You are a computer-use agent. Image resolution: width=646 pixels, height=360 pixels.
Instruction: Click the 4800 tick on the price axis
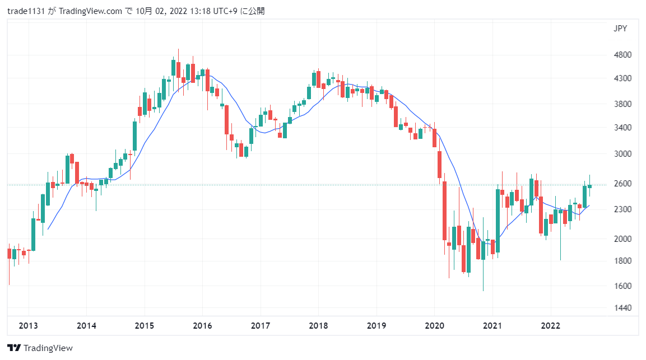pyautogui.click(x=623, y=55)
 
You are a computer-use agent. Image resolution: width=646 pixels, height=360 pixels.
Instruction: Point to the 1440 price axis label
pyautogui.click(x=623, y=308)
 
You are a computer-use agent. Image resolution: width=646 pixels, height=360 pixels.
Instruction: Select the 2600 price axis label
pyautogui.click(x=623, y=184)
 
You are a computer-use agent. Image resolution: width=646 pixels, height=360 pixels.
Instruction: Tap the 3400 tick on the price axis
pyautogui.click(x=623, y=128)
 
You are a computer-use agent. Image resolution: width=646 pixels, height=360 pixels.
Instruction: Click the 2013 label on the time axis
pyautogui.click(x=29, y=325)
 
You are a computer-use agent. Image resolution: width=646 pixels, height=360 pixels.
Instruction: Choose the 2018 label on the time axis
pyautogui.click(x=318, y=325)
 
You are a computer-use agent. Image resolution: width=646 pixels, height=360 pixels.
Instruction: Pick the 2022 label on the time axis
pyautogui.click(x=550, y=325)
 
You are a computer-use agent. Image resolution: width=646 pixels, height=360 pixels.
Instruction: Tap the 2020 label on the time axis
pyautogui.click(x=434, y=325)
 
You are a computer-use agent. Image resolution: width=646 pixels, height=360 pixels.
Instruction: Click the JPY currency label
pyautogui.click(x=620, y=29)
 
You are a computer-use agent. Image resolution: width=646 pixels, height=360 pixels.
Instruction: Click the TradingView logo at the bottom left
pyautogui.click(x=40, y=348)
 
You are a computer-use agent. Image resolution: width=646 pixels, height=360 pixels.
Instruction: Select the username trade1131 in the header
pyautogui.click(x=27, y=11)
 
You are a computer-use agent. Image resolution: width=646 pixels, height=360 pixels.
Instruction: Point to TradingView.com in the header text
pyautogui.click(x=91, y=11)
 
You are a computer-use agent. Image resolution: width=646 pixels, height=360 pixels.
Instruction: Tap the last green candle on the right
pyautogui.click(x=589, y=186)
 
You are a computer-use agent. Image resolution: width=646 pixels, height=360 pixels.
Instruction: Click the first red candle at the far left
pyautogui.click(x=9, y=253)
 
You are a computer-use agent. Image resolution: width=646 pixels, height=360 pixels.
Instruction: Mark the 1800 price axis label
pyautogui.click(x=623, y=261)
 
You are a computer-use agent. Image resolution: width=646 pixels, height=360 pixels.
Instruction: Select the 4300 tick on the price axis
pyautogui.click(x=623, y=78)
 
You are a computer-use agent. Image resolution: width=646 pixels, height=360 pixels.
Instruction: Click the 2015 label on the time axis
pyautogui.click(x=145, y=325)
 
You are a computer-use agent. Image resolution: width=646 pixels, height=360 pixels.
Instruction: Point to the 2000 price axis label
pyautogui.click(x=623, y=239)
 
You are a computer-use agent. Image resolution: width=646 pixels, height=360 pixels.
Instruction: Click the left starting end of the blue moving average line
pyautogui.click(x=48, y=228)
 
